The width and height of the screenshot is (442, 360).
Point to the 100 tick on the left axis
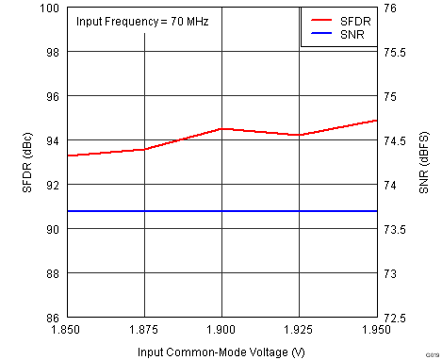[x=51, y=8]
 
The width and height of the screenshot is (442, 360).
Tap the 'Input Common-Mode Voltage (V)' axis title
[x=221, y=351]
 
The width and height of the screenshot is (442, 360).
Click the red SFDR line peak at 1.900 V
[x=221, y=128]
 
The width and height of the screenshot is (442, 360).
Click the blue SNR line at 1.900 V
[x=221, y=211]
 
